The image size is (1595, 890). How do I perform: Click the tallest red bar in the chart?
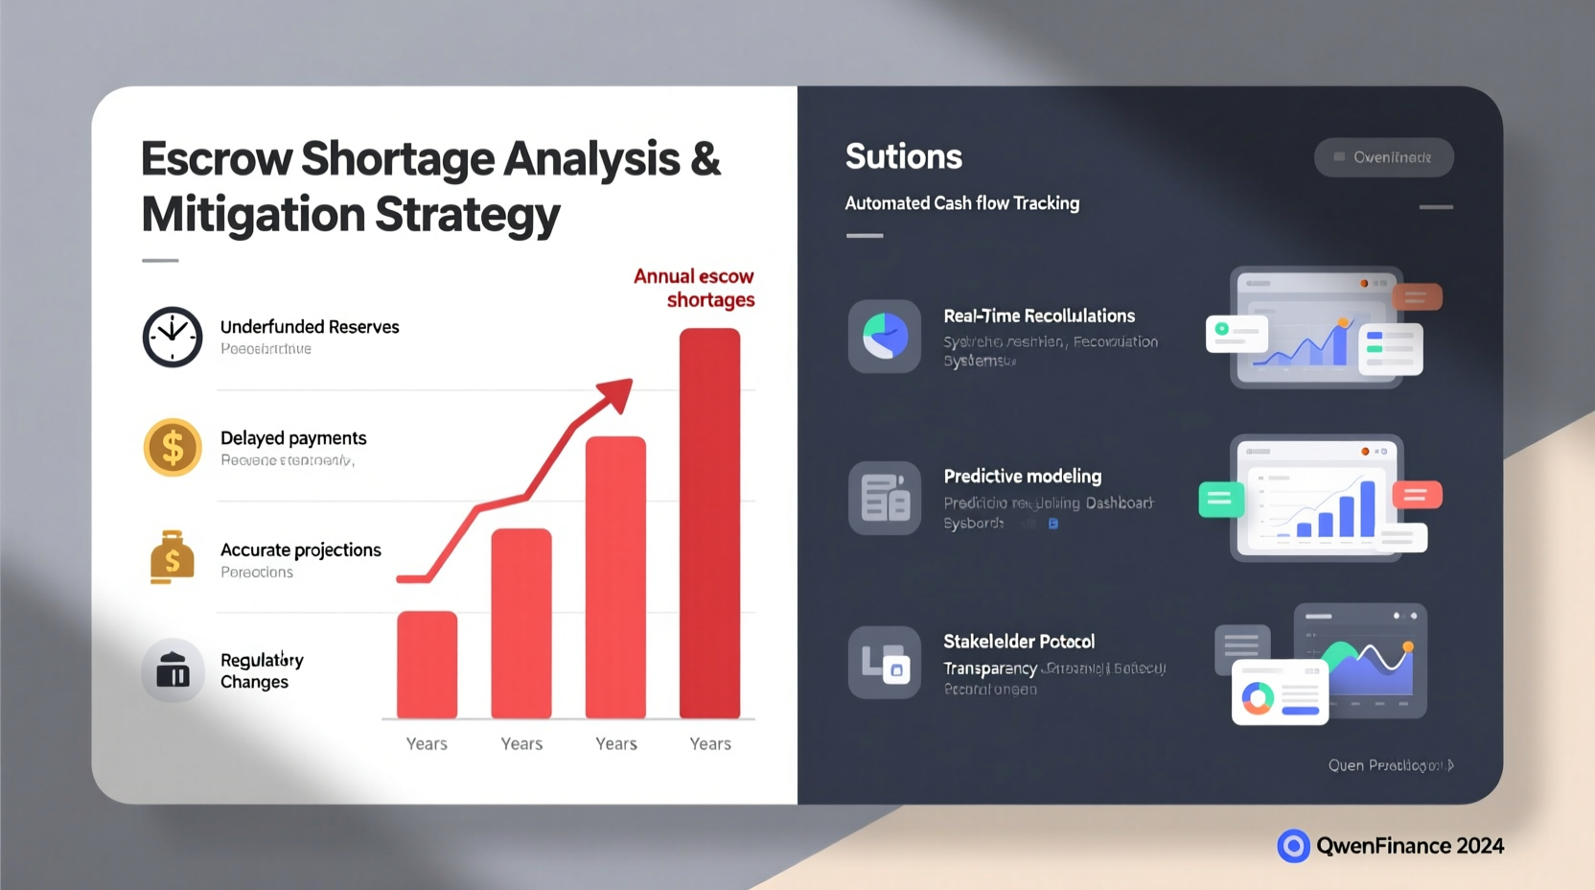tap(709, 523)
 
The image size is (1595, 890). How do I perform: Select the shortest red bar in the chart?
tap(427, 664)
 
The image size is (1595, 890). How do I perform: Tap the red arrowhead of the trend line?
tap(617, 393)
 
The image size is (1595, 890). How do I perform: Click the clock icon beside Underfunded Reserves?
tap(173, 338)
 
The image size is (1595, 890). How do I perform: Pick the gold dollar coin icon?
tap(173, 448)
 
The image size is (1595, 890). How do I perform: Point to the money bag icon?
tap(173, 558)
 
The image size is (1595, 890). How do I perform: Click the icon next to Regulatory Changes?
tap(173, 670)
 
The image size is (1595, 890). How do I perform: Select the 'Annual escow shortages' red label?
tap(695, 288)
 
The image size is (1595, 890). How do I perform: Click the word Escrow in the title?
tap(216, 159)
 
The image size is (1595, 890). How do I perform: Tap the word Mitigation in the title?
tap(253, 215)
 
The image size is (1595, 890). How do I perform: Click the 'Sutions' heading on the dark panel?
tap(903, 156)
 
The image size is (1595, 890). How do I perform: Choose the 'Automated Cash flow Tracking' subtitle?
tap(961, 203)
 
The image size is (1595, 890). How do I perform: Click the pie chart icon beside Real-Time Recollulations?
tap(885, 337)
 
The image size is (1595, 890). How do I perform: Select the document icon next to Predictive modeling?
tap(885, 498)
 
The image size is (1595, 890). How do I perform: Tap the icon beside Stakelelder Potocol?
tap(885, 663)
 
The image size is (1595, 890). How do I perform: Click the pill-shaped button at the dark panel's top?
tap(1383, 157)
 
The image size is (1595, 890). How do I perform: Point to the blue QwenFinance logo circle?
tap(1293, 846)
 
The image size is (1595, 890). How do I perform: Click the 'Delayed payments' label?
tap(293, 438)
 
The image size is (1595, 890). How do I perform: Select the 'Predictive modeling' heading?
tap(1022, 477)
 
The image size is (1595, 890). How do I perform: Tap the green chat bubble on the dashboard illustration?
tap(1221, 499)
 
